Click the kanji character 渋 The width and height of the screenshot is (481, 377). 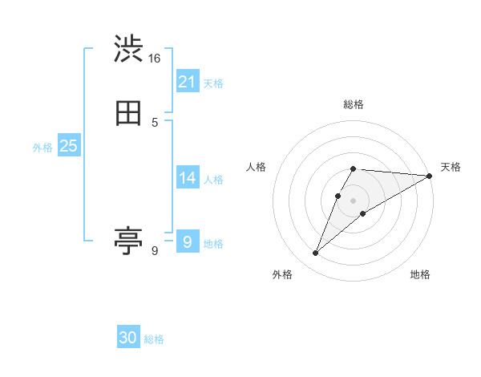128,50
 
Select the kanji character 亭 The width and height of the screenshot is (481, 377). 128,240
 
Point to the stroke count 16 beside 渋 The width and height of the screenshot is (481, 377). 154,59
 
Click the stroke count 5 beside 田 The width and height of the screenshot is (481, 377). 154,123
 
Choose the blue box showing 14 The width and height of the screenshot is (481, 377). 187,178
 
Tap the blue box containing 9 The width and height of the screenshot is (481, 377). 187,241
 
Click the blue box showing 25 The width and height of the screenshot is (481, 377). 68,146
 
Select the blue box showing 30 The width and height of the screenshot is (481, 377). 128,338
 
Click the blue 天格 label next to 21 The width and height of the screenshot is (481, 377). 213,83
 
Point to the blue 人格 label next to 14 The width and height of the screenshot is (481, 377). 213,180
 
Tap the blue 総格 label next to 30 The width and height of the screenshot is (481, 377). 154,340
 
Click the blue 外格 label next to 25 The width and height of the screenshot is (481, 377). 42,148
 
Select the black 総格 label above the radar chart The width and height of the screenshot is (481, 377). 353,104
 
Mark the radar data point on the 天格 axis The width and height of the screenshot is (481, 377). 429,176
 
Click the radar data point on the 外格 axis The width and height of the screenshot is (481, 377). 316,253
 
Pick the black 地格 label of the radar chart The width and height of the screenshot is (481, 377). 420,274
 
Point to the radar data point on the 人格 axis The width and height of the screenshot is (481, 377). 338,195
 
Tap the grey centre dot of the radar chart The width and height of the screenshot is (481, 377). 353,200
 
